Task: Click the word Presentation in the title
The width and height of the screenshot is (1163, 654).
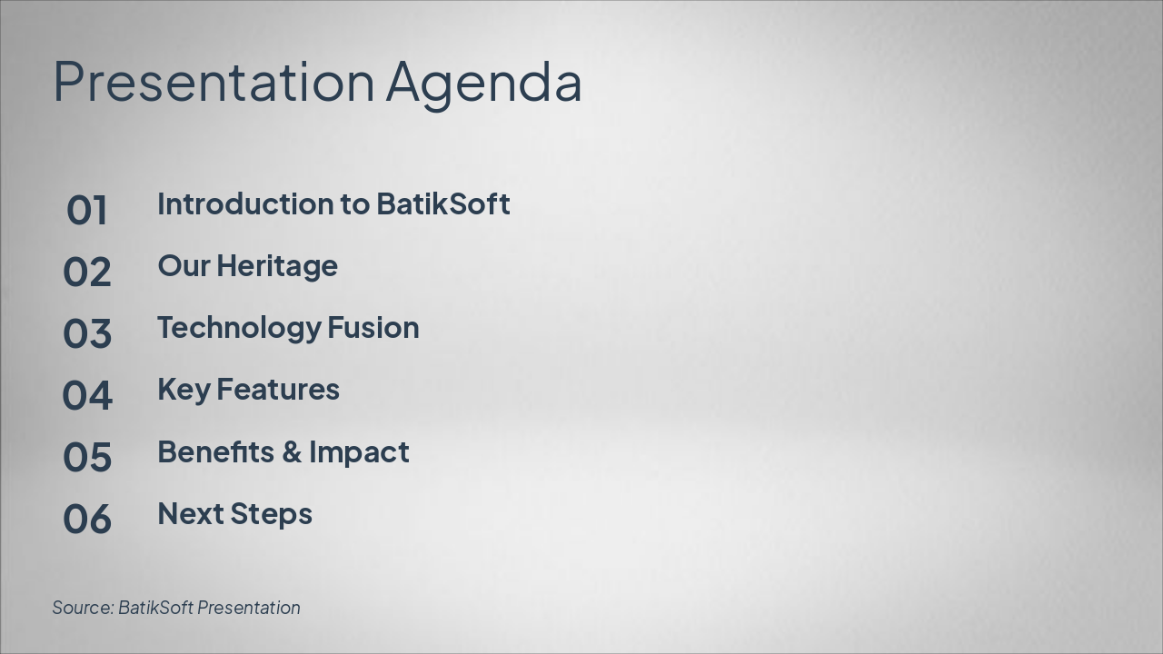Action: click(214, 82)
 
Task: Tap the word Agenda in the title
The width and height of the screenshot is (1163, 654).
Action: click(484, 85)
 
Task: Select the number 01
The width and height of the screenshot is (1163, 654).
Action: click(86, 210)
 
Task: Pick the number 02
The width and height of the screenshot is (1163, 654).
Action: click(86, 272)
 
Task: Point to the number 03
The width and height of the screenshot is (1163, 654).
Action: click(86, 333)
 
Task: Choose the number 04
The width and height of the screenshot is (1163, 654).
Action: click(86, 395)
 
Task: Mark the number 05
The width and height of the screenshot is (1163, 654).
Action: click(86, 457)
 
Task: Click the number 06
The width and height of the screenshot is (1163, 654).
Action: click(86, 519)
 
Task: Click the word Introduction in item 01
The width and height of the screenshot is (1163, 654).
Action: click(244, 203)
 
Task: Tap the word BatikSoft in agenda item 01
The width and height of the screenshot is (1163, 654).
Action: click(442, 203)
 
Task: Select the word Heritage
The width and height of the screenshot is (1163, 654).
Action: click(277, 267)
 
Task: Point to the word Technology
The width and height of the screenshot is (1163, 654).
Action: click(239, 329)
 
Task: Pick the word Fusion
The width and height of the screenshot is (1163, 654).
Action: click(373, 328)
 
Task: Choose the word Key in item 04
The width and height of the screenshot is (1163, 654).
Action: click(184, 391)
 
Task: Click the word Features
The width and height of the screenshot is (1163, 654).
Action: click(278, 390)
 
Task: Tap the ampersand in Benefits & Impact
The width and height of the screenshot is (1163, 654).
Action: click(292, 452)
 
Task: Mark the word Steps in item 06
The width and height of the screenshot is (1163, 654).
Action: click(271, 515)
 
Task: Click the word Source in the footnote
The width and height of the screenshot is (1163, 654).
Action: click(83, 608)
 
